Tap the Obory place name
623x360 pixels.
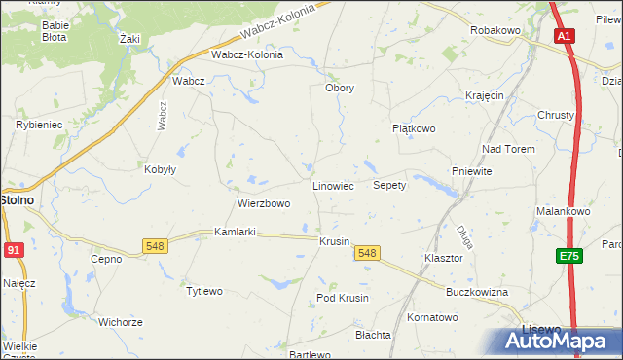point(339,88)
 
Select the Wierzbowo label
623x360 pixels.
point(264,204)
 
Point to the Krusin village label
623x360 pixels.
point(334,241)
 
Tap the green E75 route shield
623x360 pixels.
point(569,256)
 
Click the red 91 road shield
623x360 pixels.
point(13,250)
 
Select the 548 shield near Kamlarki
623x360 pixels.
point(154,246)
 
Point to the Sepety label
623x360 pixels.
point(389,185)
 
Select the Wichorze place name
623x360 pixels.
point(121,322)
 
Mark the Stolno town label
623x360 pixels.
point(17,199)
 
